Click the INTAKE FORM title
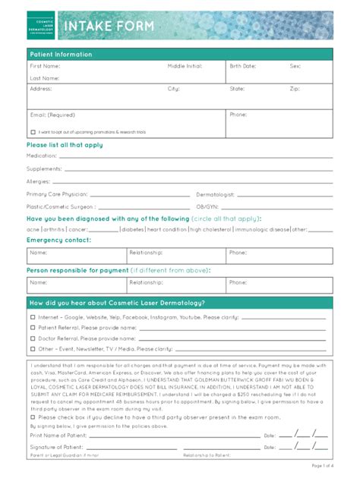(x=109, y=27)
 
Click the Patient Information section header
(x=61, y=55)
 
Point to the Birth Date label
(x=243, y=67)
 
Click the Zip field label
(x=294, y=89)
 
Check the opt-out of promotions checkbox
(x=33, y=131)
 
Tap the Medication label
(x=42, y=156)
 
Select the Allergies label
(x=39, y=181)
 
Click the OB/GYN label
(x=207, y=206)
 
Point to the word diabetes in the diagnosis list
(x=132, y=228)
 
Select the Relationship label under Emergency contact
(x=145, y=252)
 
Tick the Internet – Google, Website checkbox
(x=33, y=318)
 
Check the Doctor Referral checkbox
(x=33, y=338)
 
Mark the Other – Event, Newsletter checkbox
(x=33, y=349)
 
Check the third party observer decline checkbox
(x=33, y=417)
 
